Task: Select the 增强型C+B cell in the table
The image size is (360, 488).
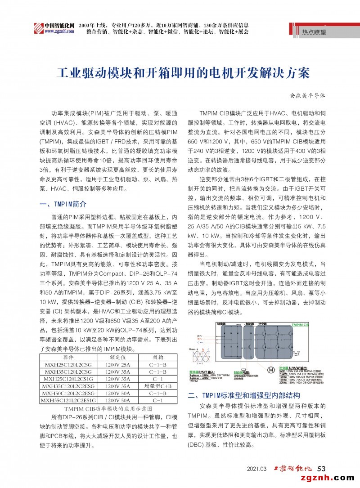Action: pyautogui.click(x=158, y=386)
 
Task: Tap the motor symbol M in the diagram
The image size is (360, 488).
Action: pyautogui.click(x=270, y=370)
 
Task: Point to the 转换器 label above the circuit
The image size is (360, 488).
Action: pyautogui.click(x=221, y=324)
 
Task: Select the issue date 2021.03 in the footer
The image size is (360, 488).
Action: pyautogui.click(x=257, y=469)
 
